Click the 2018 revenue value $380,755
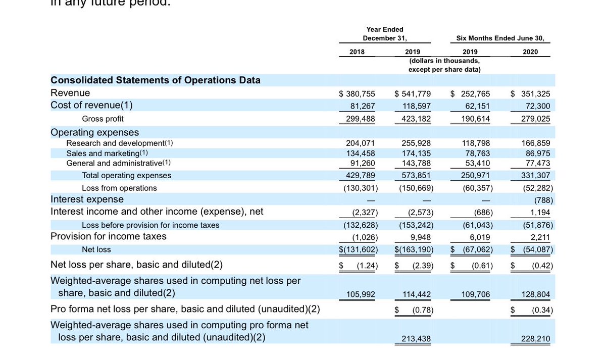pyautogui.click(x=358, y=93)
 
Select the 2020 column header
pyautogui.click(x=530, y=52)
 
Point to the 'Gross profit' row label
pyautogui.click(x=103, y=119)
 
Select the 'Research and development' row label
pyautogui.click(x=119, y=143)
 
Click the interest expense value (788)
pyautogui.click(x=543, y=199)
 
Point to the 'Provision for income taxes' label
pyautogui.click(x=109, y=236)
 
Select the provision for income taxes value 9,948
pyautogui.click(x=421, y=237)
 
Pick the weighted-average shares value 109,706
pyautogui.click(x=476, y=294)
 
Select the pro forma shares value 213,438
pyautogui.click(x=417, y=339)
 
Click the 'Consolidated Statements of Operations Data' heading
pyautogui.click(x=156, y=80)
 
